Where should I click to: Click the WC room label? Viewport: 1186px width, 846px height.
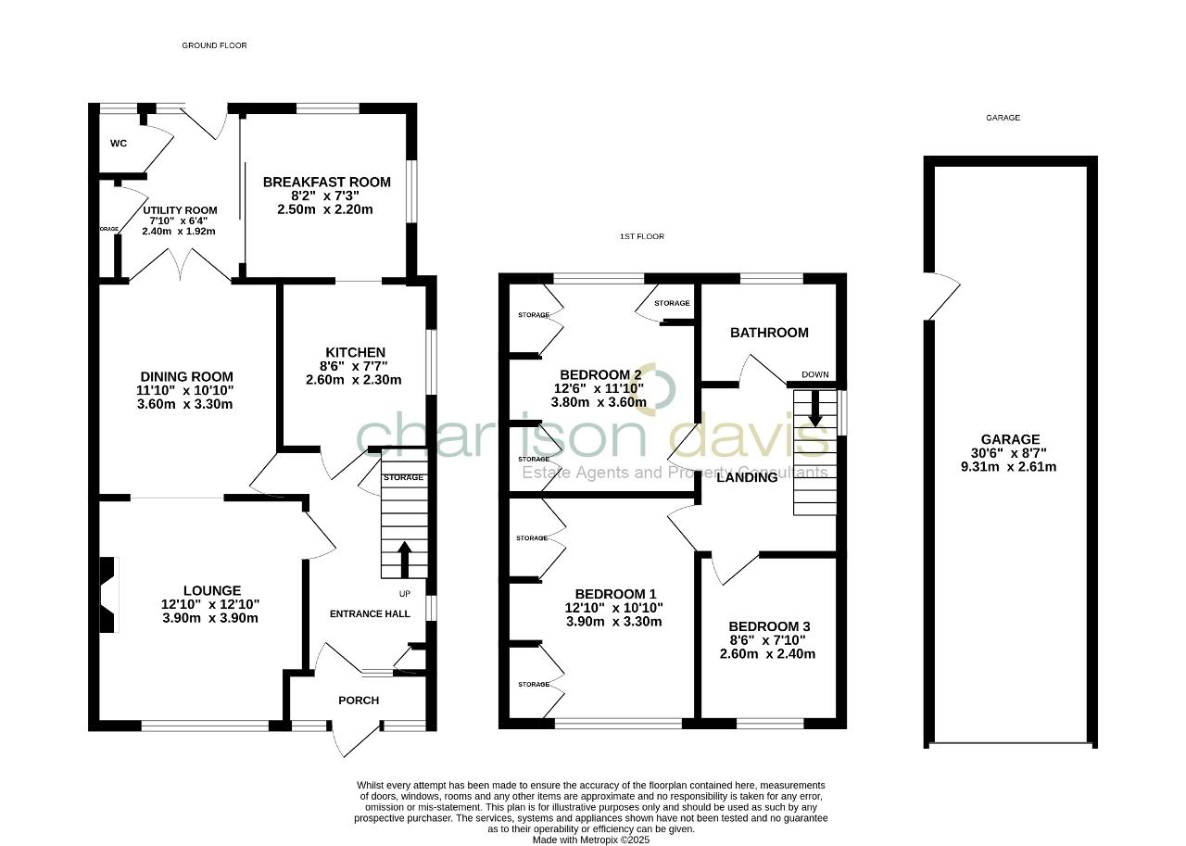pyautogui.click(x=118, y=144)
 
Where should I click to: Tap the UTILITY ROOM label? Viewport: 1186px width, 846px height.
pyautogui.click(x=180, y=210)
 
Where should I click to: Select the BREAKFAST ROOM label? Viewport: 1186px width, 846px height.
pyautogui.click(x=326, y=182)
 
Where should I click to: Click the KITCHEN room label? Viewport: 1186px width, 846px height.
pyautogui.click(x=353, y=352)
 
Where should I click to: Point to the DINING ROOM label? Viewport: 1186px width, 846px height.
pyautogui.click(x=185, y=376)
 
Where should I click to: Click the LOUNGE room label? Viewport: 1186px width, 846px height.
pyautogui.click(x=211, y=590)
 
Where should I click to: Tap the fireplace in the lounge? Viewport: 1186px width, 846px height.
pyautogui.click(x=109, y=594)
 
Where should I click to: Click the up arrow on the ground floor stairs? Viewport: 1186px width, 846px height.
pyautogui.click(x=404, y=558)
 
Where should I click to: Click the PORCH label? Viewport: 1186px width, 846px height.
pyautogui.click(x=359, y=701)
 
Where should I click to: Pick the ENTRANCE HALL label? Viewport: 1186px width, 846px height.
pyautogui.click(x=370, y=613)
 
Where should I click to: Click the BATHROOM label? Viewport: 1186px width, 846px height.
pyautogui.click(x=769, y=333)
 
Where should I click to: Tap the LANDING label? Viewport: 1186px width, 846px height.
pyautogui.click(x=747, y=477)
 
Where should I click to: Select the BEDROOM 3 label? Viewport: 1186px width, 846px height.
pyautogui.click(x=768, y=626)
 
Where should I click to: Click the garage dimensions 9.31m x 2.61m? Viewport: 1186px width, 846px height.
pyautogui.click(x=1010, y=467)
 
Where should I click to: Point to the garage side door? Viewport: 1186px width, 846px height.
pyautogui.click(x=941, y=297)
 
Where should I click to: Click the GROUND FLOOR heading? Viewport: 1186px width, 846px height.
pyautogui.click(x=214, y=45)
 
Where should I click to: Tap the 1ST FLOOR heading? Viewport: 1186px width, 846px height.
pyautogui.click(x=641, y=236)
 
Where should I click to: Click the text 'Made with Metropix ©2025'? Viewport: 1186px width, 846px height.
pyautogui.click(x=591, y=840)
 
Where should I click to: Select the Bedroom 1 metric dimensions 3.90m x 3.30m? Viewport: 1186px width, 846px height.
pyautogui.click(x=613, y=622)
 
